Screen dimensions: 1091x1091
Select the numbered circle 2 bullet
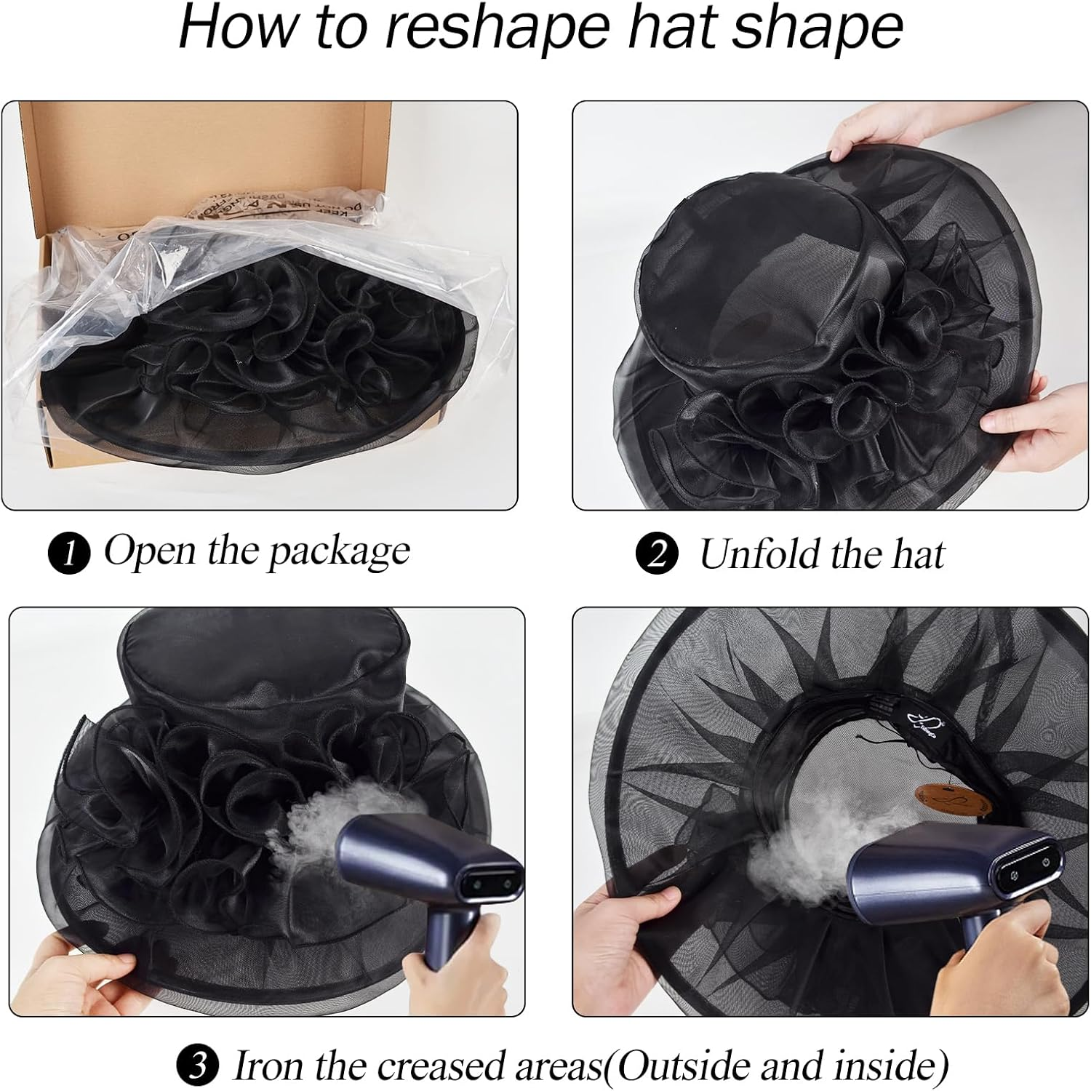point(657,555)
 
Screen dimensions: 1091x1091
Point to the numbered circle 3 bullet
point(197,1066)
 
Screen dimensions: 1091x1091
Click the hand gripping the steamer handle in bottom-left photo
point(451,967)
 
